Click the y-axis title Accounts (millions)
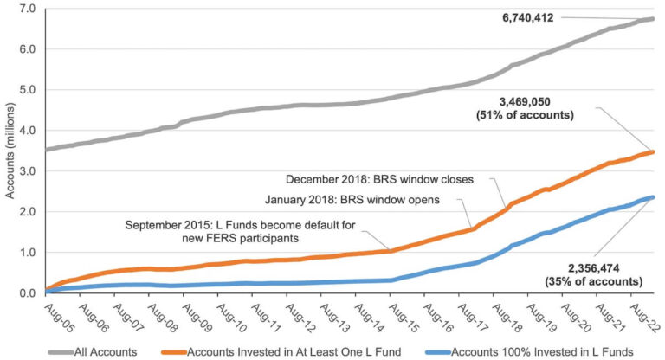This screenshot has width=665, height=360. coord(10,151)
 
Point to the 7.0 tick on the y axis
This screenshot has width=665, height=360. coord(28,8)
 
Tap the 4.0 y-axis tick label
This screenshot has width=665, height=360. coord(28,130)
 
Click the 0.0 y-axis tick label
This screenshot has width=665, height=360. coord(28,292)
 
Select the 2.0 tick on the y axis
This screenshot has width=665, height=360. coord(28,211)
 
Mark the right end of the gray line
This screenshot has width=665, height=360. coord(652,18)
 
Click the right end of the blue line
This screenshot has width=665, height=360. coord(652,197)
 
